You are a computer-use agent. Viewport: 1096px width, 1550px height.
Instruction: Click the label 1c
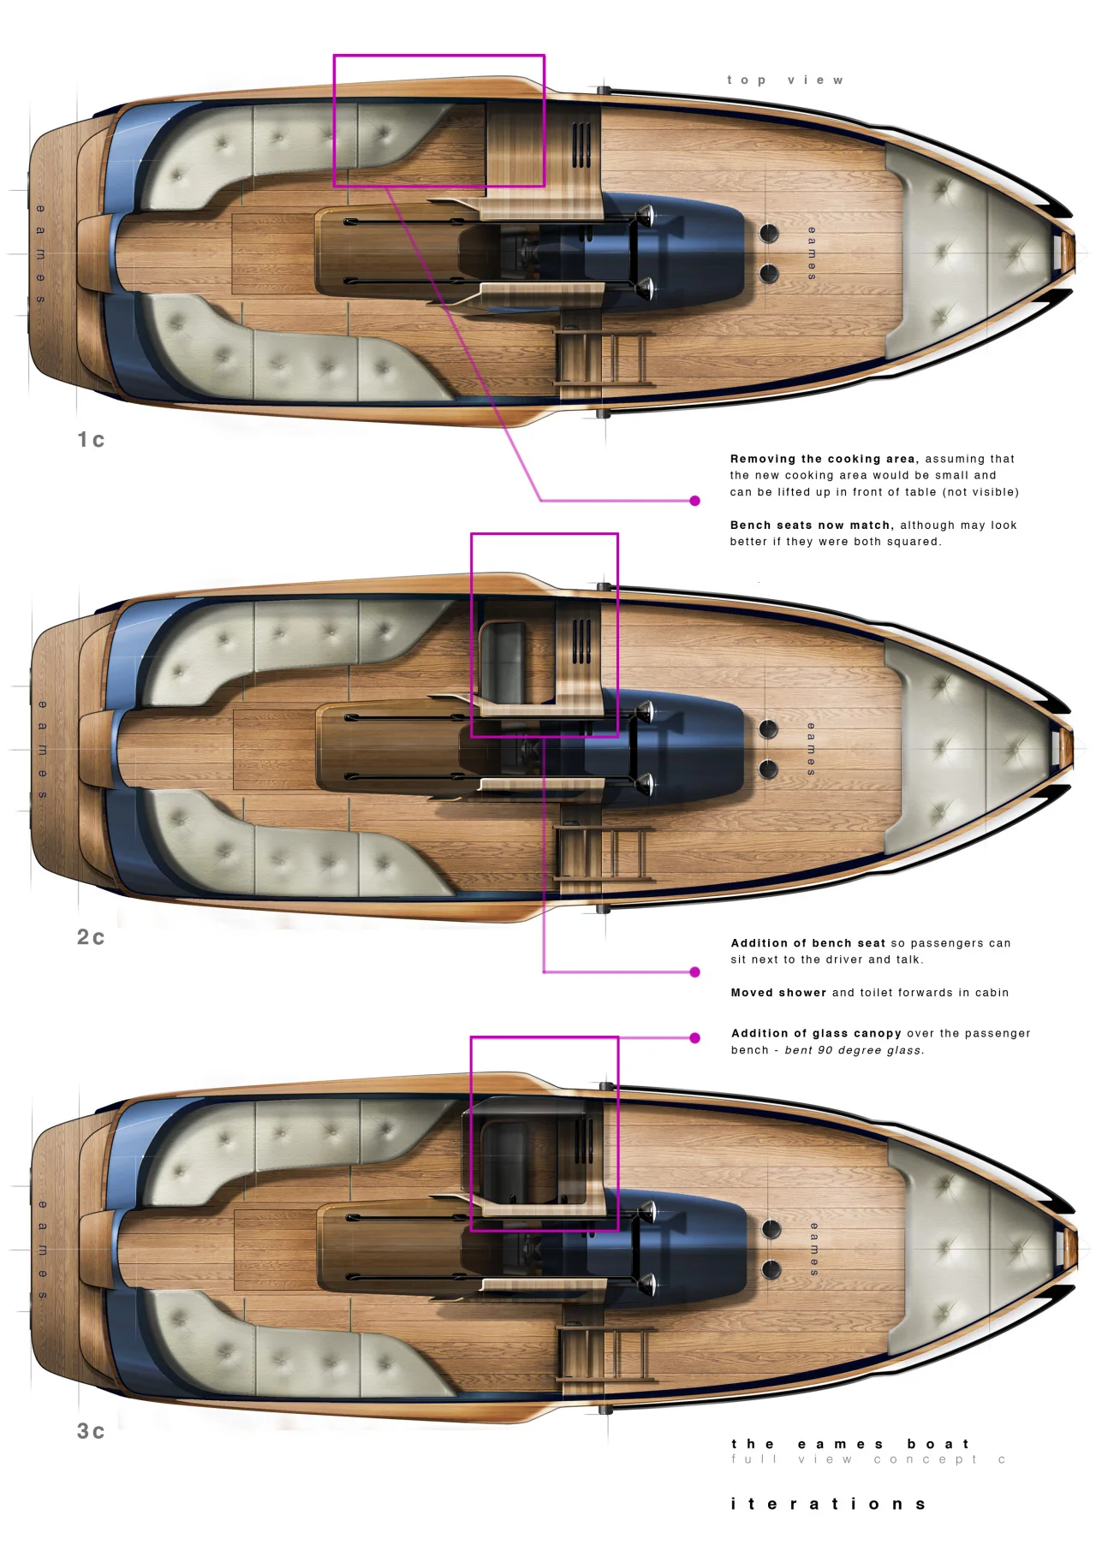(91, 440)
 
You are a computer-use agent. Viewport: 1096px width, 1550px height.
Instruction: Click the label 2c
(91, 937)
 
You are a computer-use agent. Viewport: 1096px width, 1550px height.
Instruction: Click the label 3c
(91, 1431)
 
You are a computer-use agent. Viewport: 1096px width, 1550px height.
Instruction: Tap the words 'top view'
(785, 80)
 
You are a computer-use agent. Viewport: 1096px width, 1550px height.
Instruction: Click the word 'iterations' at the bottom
(828, 1504)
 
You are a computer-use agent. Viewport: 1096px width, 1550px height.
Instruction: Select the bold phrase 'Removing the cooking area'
(823, 459)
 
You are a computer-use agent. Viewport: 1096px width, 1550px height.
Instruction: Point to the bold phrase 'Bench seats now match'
(811, 526)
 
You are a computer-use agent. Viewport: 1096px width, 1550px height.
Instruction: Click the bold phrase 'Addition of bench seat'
(808, 943)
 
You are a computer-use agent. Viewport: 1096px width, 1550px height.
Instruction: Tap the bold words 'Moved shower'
(778, 993)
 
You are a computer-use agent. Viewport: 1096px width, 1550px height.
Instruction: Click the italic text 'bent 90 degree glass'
(854, 1050)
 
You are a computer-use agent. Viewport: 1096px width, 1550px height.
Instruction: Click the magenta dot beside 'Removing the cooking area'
(695, 501)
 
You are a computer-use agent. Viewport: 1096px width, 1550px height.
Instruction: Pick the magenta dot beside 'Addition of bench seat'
(695, 972)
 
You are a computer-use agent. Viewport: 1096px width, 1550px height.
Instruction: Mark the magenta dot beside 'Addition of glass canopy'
(695, 1038)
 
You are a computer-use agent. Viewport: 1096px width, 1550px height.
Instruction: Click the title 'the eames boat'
(850, 1444)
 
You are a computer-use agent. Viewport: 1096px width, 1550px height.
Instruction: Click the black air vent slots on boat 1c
(581, 145)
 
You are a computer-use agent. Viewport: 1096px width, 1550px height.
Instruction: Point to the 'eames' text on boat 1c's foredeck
(812, 253)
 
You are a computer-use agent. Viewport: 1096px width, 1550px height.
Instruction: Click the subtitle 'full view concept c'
(868, 1459)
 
